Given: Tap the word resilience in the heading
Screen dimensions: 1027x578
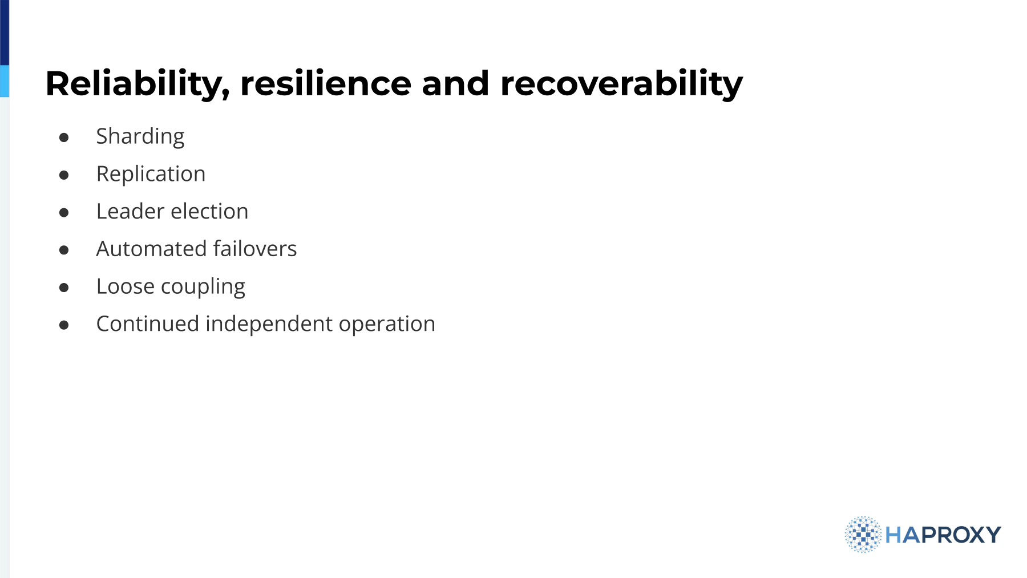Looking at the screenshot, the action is pos(326,83).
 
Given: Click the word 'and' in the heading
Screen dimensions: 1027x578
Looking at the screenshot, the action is pos(455,83).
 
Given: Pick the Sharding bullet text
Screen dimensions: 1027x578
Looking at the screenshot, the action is pos(140,137).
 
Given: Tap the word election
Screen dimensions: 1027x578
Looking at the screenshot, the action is pos(209,211).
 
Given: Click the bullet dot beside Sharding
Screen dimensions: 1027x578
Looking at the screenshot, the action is pos(64,138).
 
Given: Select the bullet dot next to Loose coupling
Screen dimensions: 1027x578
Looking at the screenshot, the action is pos(64,288).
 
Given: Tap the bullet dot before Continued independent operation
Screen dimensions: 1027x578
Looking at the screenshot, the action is pos(64,325).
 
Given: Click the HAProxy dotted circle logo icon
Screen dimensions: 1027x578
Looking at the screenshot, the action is pos(863,535).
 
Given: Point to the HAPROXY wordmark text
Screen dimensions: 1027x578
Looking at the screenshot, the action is pos(943,535).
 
